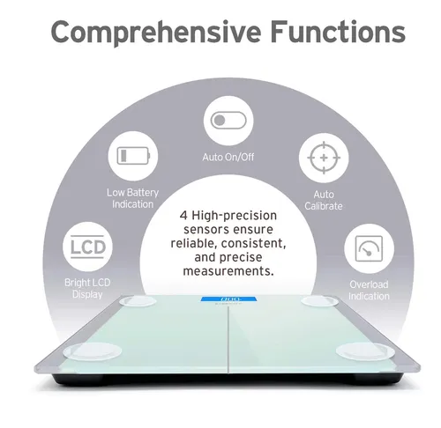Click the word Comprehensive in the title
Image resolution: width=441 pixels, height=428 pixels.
tap(156, 33)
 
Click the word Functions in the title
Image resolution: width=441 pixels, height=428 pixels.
tap(338, 31)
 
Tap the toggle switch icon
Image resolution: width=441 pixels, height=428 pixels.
tap(228, 121)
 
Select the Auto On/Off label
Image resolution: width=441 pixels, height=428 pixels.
tap(228, 157)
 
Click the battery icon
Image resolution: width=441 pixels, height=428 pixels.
tap(133, 156)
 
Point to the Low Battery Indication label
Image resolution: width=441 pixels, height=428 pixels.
tap(132, 198)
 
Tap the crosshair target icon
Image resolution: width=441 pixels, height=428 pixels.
tap(324, 158)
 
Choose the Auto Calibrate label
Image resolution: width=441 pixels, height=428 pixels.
tap(324, 200)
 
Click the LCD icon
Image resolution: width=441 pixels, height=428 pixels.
tap(87, 247)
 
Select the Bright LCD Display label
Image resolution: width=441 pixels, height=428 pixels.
tap(87, 289)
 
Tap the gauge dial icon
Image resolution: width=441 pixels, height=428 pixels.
tap(369, 248)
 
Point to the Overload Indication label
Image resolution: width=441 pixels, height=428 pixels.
tap(369, 291)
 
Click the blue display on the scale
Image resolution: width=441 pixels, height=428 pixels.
tap(228, 299)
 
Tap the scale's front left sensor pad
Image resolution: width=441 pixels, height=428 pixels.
tap(93, 351)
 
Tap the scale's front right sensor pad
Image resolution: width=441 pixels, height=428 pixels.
tap(365, 351)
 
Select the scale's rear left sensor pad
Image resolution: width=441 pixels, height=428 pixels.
tap(138, 301)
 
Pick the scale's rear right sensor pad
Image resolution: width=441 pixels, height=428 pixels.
tap(319, 301)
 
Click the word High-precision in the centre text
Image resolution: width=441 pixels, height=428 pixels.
tap(235, 216)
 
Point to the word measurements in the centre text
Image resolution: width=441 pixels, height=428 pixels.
tap(228, 271)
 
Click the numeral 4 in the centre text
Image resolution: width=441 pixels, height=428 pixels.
tap(183, 216)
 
